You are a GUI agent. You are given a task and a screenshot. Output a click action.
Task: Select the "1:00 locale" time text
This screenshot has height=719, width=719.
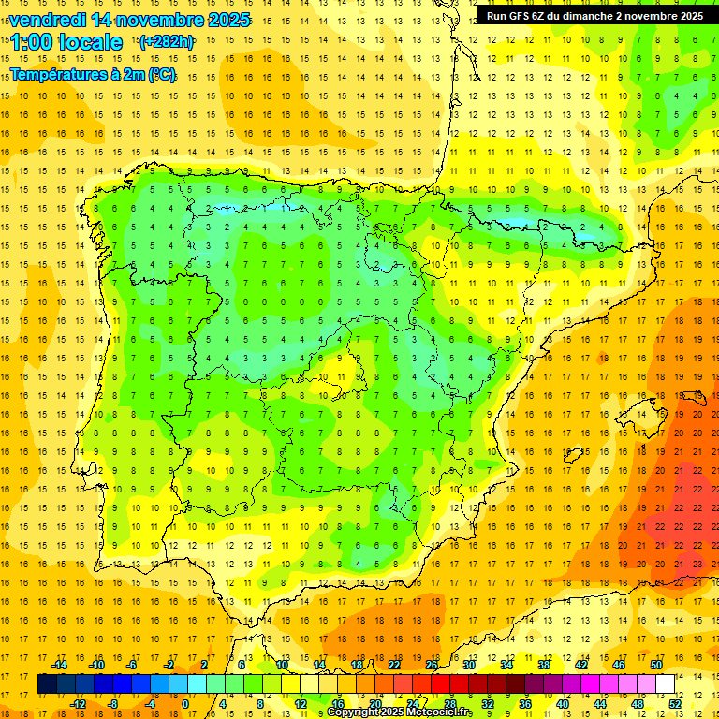tap(66, 42)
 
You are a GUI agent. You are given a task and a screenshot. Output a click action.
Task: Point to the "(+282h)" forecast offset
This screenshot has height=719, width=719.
tap(166, 42)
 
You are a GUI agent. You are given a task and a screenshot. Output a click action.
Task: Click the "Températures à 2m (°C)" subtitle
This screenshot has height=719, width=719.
tap(93, 74)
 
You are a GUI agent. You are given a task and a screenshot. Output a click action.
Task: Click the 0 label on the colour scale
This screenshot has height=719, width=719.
tap(186, 703)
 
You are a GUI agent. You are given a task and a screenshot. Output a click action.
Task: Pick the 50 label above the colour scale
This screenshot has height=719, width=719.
tap(656, 665)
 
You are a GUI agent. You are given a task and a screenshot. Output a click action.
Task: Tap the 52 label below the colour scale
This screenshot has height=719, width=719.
tap(675, 703)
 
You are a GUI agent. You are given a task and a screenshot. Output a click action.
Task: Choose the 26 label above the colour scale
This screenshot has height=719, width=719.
tap(432, 665)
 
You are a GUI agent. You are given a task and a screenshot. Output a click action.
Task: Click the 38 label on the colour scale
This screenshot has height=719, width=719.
tap(544, 665)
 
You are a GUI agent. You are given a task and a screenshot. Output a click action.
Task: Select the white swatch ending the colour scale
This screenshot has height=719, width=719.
tap(666, 683)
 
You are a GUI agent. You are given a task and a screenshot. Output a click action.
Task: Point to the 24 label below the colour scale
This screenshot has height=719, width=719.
tap(413, 703)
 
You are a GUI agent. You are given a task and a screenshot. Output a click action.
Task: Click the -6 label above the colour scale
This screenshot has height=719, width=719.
tap(132, 665)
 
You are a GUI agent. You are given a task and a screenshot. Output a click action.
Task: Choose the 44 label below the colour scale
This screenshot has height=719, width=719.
tap(600, 703)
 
